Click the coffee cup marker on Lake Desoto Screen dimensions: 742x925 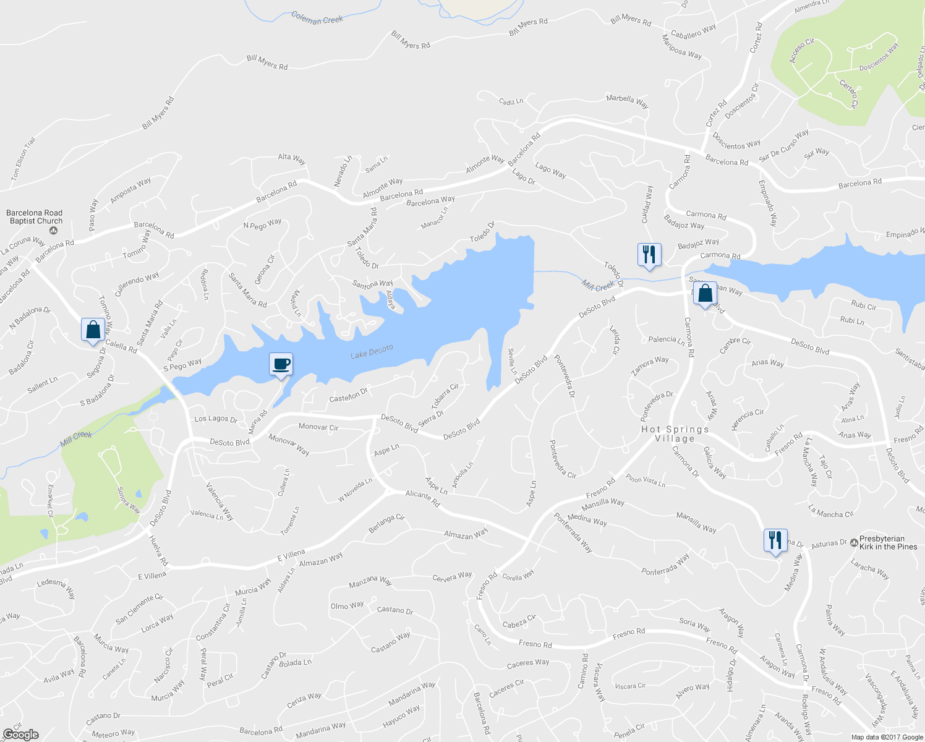(x=281, y=365)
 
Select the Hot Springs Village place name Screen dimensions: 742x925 (x=675, y=433)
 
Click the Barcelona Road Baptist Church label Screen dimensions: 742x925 (x=35, y=217)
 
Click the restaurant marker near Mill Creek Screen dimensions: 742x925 (x=649, y=254)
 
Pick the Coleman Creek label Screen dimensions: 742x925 (x=317, y=19)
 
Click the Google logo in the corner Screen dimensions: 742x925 (x=21, y=735)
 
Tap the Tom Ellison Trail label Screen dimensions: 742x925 (x=23, y=160)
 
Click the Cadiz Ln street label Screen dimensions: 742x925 (x=511, y=101)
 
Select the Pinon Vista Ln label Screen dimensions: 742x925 (x=645, y=480)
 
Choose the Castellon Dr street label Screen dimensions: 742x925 (x=348, y=394)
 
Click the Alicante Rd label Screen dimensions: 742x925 (x=422, y=499)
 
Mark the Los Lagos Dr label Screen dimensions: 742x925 (x=216, y=419)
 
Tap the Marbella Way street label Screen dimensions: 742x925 (x=627, y=101)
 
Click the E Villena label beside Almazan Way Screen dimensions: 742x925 (x=291, y=555)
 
